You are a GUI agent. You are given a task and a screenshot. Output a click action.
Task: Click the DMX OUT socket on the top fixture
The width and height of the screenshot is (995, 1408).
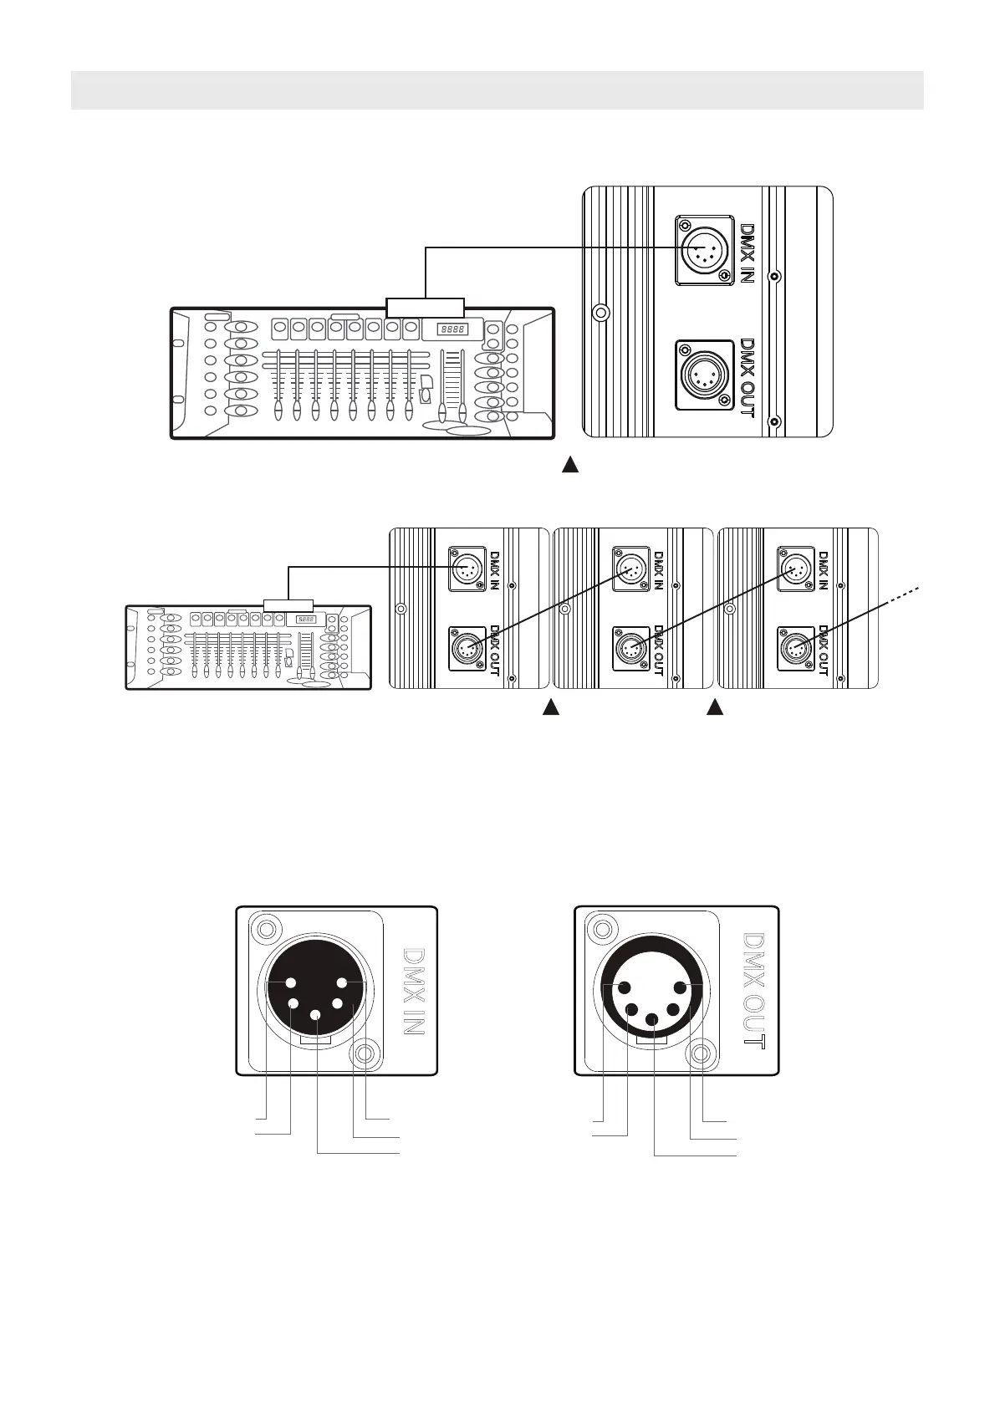[705, 375]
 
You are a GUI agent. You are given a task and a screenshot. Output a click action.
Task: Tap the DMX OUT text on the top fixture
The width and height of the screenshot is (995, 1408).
[748, 378]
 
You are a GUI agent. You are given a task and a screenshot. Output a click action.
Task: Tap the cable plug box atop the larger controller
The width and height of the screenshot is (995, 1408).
[426, 307]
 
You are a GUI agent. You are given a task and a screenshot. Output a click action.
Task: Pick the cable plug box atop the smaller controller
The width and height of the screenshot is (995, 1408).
[288, 605]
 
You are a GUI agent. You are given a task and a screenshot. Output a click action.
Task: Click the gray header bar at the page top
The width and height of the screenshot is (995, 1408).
[497, 90]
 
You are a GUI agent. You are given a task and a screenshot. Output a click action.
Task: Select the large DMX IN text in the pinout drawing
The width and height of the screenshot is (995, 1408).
[413, 992]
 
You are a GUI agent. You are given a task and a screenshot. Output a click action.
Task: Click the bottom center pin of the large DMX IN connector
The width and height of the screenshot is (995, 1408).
[316, 1015]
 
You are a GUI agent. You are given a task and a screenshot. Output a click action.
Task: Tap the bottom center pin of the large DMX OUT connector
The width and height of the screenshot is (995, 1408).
[652, 1019]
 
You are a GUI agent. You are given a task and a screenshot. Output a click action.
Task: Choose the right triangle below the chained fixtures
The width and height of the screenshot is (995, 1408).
[715, 708]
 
